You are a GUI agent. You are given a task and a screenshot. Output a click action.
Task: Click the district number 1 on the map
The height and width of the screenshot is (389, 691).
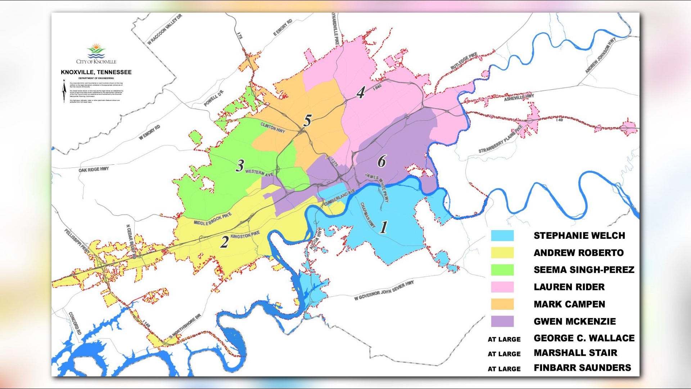tap(384, 227)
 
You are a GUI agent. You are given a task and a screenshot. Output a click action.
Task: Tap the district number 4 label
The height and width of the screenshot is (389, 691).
tap(361, 93)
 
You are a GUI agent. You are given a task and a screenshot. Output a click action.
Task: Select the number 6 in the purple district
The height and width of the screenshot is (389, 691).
tap(381, 161)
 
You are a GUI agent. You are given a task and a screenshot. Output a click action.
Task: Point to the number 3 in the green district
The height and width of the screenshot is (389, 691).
tap(240, 166)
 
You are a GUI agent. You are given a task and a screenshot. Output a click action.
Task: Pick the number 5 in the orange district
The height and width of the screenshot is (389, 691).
tap(307, 121)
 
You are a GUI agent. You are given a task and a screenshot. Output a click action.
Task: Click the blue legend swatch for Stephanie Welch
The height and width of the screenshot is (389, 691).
tap(502, 236)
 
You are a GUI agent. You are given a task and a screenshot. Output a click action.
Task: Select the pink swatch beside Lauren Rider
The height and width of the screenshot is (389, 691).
tap(502, 287)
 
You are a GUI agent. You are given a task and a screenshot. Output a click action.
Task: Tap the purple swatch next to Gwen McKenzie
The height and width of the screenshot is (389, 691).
tap(502, 321)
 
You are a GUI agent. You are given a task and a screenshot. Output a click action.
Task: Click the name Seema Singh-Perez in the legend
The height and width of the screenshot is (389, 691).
tap(584, 270)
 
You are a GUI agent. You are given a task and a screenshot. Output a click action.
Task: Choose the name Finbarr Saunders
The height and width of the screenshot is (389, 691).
tap(582, 368)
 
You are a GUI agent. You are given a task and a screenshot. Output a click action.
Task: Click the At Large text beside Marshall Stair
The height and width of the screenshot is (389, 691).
tap(504, 354)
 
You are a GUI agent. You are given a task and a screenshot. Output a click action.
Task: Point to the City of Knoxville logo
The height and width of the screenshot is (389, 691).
tap(96, 54)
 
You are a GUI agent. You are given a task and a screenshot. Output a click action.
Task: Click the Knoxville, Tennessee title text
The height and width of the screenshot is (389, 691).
tap(96, 72)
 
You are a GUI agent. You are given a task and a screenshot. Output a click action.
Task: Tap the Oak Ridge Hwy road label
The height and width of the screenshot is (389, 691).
tap(94, 169)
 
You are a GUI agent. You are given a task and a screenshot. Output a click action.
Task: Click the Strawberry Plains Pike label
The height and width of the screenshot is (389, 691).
tap(500, 140)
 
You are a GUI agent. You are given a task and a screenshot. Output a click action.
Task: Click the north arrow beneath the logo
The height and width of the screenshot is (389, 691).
tap(64, 91)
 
